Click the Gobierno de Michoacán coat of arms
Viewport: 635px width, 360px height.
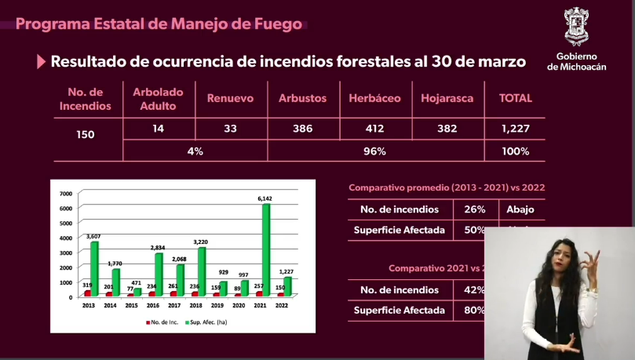pos(582,27)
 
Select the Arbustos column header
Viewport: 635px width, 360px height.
pos(302,99)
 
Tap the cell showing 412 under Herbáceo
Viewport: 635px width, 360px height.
pos(375,128)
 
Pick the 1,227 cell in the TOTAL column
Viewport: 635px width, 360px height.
pos(516,128)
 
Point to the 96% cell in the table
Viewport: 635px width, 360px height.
pos(375,151)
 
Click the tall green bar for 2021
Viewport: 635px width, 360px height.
pos(266,249)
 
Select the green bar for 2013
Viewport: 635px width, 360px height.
pos(95,268)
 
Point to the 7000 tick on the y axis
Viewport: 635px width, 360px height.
pos(65,194)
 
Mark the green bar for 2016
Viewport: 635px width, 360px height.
pos(159,275)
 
